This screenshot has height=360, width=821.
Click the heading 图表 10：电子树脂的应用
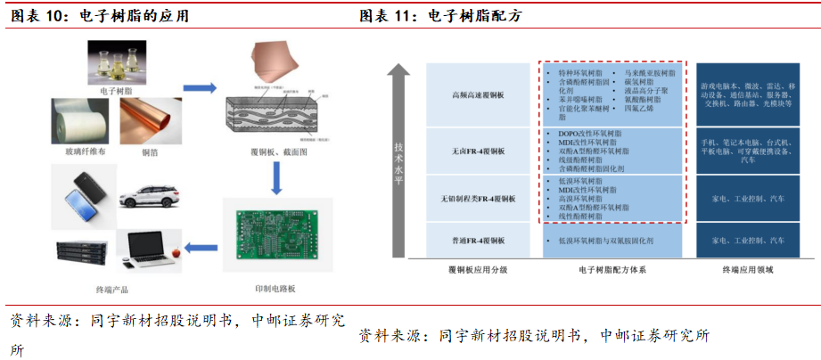tap(98, 16)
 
